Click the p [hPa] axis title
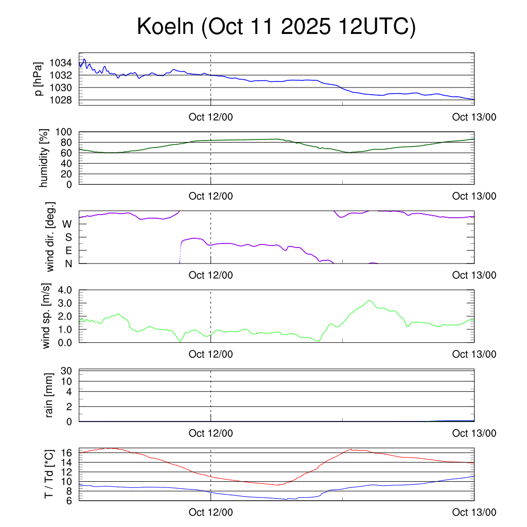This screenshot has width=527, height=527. (38, 79)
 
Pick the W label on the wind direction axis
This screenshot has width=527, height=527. (67, 224)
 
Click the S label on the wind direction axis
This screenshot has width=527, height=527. (68, 237)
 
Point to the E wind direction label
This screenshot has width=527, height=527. (68, 250)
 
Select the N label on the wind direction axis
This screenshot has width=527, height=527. (68, 263)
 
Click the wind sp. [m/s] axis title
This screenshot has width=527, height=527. (46, 316)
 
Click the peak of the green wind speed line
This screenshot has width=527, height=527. (369, 301)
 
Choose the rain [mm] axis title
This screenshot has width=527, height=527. (49, 395)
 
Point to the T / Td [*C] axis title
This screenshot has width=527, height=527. (48, 474)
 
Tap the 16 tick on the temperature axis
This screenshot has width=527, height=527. (67, 452)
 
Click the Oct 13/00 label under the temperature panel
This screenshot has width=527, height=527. (474, 512)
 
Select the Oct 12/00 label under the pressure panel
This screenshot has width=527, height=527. (210, 117)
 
